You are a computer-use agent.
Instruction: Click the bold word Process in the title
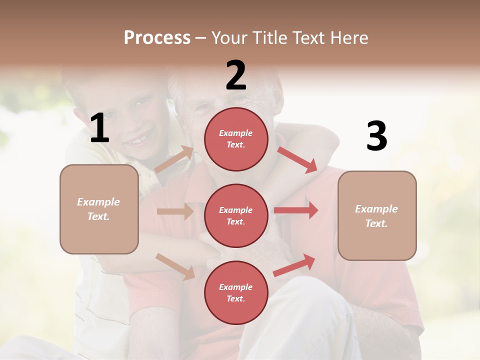(157, 38)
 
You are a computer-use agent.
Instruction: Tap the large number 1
(99, 128)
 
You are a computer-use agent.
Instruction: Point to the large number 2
(236, 75)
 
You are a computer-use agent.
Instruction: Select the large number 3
(376, 136)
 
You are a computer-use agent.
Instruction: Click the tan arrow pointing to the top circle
(174, 159)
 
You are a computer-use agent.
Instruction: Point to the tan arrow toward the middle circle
(174, 212)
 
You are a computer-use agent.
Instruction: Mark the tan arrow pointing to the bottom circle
(175, 266)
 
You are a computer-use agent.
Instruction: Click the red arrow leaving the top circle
(297, 159)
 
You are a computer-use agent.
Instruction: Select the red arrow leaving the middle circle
(296, 210)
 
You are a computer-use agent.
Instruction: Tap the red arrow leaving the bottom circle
(294, 265)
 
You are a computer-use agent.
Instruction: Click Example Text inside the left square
(99, 209)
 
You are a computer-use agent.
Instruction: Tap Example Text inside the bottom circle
(236, 292)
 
